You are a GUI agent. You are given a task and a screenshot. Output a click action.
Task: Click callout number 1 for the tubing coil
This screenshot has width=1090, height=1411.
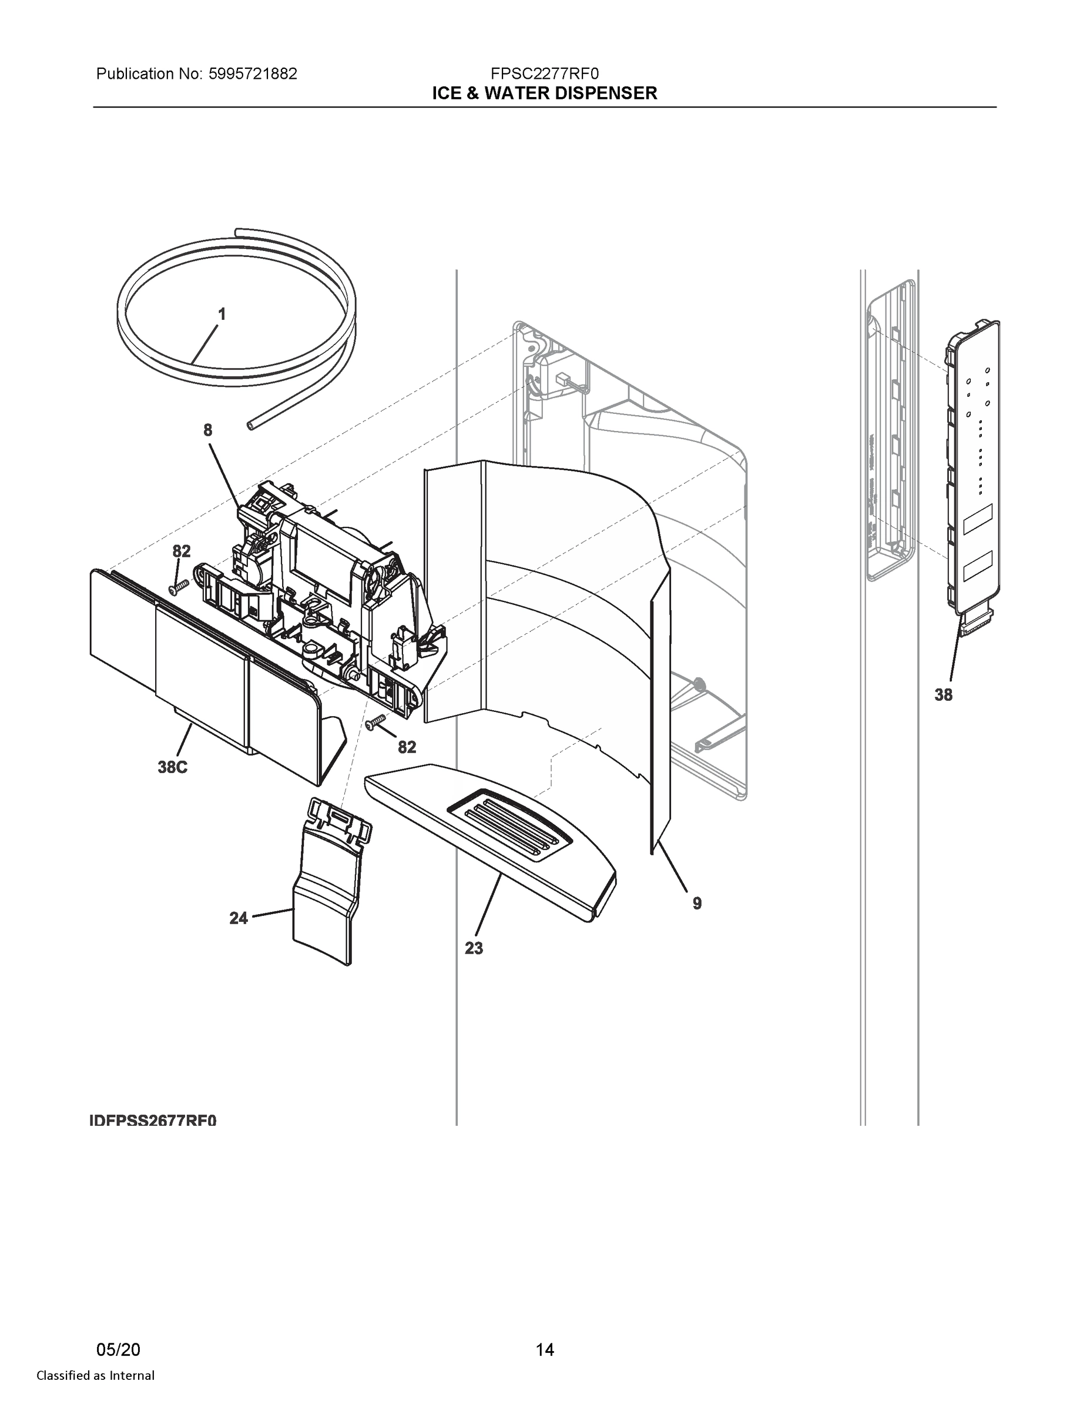[222, 315]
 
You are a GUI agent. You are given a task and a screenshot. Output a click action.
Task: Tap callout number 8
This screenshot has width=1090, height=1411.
[207, 430]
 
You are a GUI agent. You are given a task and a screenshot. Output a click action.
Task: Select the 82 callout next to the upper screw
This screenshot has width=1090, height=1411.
[182, 551]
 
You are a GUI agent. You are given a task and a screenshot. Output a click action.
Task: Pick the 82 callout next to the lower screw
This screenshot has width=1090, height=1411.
[407, 747]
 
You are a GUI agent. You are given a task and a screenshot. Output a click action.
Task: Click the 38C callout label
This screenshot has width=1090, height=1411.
[172, 767]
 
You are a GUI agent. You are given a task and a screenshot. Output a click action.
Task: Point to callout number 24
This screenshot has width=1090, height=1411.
[239, 918]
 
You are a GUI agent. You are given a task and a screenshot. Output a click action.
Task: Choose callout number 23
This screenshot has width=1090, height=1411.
[474, 948]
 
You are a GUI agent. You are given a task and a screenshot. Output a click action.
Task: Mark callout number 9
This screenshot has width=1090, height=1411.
[697, 903]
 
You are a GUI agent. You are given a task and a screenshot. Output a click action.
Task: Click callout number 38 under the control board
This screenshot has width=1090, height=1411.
[944, 695]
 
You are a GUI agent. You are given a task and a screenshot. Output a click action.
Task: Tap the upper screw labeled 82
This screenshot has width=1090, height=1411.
[177, 587]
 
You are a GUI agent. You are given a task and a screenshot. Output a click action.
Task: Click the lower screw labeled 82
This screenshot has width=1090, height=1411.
[375, 723]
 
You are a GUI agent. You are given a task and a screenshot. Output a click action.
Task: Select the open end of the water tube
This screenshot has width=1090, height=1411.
[250, 424]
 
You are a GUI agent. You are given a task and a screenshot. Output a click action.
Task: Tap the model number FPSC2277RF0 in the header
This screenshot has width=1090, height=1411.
[544, 73]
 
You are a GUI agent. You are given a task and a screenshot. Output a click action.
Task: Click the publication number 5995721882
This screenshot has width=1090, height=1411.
[253, 73]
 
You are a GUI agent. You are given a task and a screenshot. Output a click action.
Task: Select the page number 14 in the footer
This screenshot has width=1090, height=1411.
[544, 1350]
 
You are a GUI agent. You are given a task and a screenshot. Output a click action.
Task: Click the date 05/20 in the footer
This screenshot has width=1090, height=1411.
[118, 1350]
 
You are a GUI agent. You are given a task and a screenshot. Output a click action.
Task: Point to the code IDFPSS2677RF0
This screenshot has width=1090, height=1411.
[153, 1120]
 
